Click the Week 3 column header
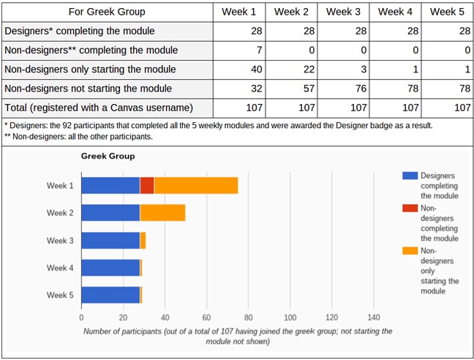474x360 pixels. [344, 12]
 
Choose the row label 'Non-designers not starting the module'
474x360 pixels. [89, 89]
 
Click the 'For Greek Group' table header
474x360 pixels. [107, 12]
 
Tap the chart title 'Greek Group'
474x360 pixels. [108, 156]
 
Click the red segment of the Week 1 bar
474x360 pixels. [147, 185]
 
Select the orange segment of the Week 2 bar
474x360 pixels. [162, 213]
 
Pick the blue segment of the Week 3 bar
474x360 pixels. [110, 240]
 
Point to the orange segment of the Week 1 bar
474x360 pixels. [196, 185]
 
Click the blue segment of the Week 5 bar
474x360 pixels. [110, 295]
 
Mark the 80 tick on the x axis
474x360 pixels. [248, 318]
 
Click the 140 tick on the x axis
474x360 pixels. [374, 318]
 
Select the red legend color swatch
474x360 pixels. [410, 209]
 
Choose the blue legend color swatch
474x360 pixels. [410, 176]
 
